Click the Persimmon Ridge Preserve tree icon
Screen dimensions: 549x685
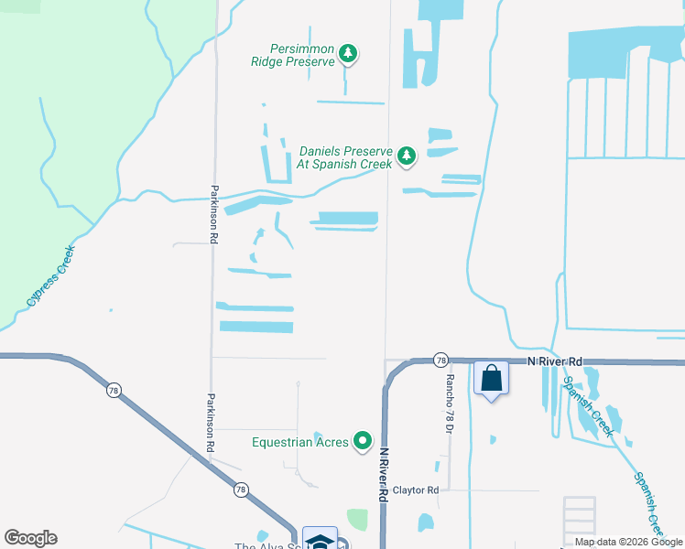pos(347,55)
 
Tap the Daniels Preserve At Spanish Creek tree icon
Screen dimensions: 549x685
pos(406,156)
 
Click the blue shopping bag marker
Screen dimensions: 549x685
pos(491,379)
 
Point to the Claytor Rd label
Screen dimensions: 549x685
pos(416,490)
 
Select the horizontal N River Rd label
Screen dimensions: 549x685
pos(555,361)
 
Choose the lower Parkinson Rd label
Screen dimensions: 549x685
pos(210,422)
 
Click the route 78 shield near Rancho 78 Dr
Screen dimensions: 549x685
pos(440,361)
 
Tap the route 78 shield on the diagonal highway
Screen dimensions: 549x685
pos(240,490)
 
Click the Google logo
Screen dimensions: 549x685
pos(30,538)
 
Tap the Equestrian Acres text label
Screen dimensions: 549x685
pos(300,443)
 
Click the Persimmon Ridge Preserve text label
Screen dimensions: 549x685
pos(292,55)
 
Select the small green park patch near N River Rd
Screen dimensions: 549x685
pos(357,519)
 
